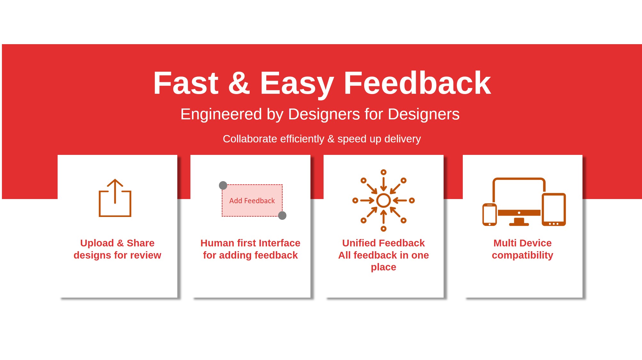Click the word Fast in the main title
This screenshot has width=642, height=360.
pos(186,83)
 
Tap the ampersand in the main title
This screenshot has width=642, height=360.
pos(239,83)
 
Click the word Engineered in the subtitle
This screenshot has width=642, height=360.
pos(221,115)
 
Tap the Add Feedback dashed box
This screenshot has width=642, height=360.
pos(252,201)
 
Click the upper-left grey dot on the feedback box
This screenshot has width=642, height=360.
pos(223,185)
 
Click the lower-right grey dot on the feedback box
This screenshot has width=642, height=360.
pos(282,216)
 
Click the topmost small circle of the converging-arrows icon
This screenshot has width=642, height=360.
pos(383,172)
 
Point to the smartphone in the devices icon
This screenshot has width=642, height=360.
pos(489,214)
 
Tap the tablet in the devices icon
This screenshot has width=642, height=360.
pos(554,210)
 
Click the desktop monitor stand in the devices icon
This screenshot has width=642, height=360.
pos(519,222)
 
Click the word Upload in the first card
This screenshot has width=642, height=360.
pos(97,243)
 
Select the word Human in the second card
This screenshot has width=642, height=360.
pos(217,243)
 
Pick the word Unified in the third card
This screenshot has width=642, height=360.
pos(359,243)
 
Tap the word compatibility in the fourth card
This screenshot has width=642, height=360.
pos(522,255)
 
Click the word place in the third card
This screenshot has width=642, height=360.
pos(383,267)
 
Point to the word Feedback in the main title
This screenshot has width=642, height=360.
pos(417,83)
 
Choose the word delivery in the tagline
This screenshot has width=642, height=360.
pos(403,139)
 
